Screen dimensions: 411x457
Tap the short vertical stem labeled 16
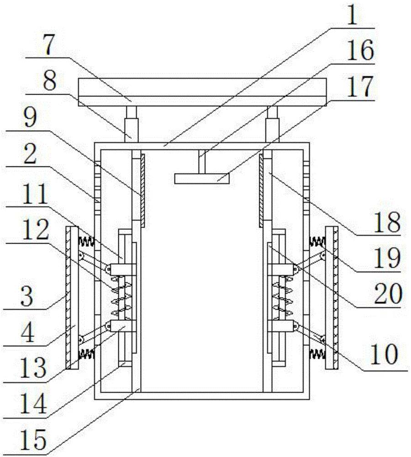point(201,162)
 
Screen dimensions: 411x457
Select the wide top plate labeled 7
point(203,92)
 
